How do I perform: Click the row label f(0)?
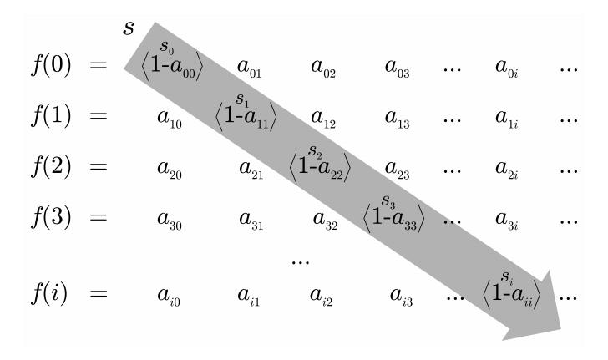click(51, 65)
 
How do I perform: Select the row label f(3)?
click(51, 216)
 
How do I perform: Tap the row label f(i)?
click(48, 293)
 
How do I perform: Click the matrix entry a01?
click(250, 68)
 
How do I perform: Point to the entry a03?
click(397, 68)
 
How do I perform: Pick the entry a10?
click(170, 119)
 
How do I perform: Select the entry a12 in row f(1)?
click(323, 119)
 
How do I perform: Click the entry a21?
click(251, 169)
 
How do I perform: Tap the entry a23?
click(397, 169)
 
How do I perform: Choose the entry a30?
click(170, 220)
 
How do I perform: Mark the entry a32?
click(325, 220)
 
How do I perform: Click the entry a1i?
click(506, 119)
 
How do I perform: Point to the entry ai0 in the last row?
click(169, 297)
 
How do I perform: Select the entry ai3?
click(402, 297)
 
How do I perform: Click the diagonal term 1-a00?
click(172, 66)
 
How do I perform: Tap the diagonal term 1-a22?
click(320, 168)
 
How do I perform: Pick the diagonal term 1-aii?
click(511, 295)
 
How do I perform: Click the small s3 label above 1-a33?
click(388, 201)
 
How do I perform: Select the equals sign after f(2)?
click(99, 167)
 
